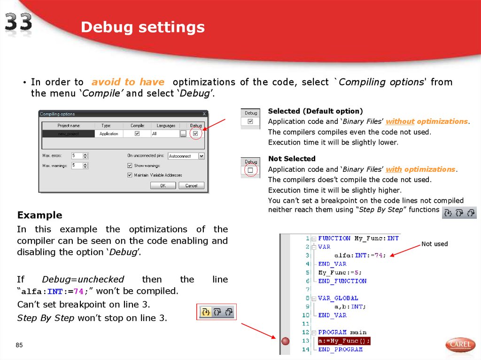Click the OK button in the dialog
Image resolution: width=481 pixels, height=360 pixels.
pos(163,185)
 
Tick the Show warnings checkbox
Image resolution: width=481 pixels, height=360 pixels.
pos(130,166)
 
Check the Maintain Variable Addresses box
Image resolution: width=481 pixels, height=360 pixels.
pos(130,175)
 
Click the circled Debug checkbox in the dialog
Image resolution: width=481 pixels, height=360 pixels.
pos(195,134)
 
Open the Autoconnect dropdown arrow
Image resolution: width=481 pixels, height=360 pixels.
pos(202,156)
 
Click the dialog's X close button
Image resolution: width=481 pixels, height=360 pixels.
pos(204,114)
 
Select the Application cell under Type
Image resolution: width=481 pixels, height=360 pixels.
pos(109,134)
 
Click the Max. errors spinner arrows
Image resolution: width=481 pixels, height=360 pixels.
pos(85,155)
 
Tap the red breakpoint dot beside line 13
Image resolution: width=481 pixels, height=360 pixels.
pos(285,341)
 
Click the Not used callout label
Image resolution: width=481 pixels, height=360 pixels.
pos(434,244)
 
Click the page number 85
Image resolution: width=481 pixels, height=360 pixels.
pos(19,346)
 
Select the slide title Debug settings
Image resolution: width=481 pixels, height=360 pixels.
pos(142,28)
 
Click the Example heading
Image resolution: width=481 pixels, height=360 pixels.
pos(39,215)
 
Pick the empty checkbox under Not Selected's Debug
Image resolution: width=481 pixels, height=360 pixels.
pos(250,170)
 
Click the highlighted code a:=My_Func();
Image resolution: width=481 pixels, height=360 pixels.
pos(344,341)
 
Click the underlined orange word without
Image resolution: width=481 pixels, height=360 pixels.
pos(400,122)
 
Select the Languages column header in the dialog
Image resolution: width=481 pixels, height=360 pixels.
pos(166,126)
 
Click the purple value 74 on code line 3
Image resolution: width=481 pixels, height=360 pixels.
pos(379,255)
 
